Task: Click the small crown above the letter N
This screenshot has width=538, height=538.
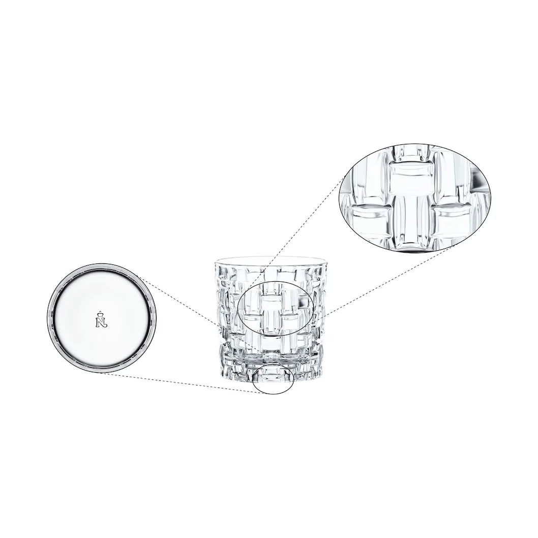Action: (x=101, y=313)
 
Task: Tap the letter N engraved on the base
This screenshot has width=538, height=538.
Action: (x=101, y=321)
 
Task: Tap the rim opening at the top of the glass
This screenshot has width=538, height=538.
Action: (x=270, y=260)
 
